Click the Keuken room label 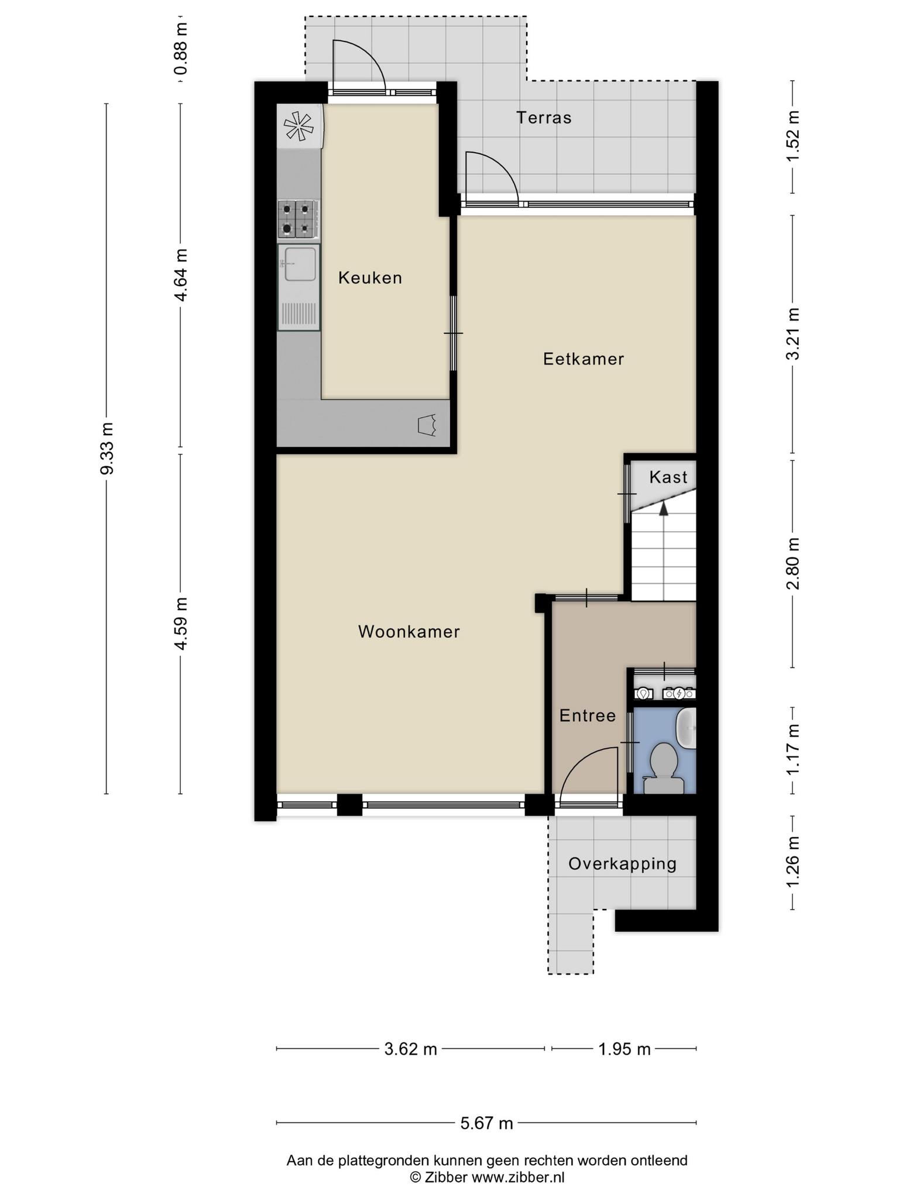370,278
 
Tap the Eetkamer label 584,359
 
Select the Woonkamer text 409,632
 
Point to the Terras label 544,118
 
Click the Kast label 668,477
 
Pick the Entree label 588,715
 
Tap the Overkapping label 622,864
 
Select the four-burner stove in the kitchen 298,219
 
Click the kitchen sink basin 300,264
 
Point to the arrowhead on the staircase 663,509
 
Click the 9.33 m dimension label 107,448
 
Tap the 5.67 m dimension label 486,1123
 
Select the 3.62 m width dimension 410,1049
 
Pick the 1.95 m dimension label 624,1049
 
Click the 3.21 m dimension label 793,334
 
